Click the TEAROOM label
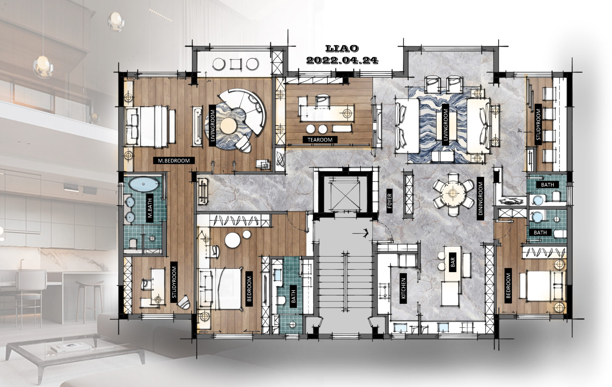coord(320,140)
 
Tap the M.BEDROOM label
coord(174,160)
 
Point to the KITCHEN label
coord(403,288)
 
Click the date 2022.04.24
coord(342,60)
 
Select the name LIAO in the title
coord(342,49)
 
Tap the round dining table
coord(453,193)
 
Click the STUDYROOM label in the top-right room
coord(538,127)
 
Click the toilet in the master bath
coord(134,243)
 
